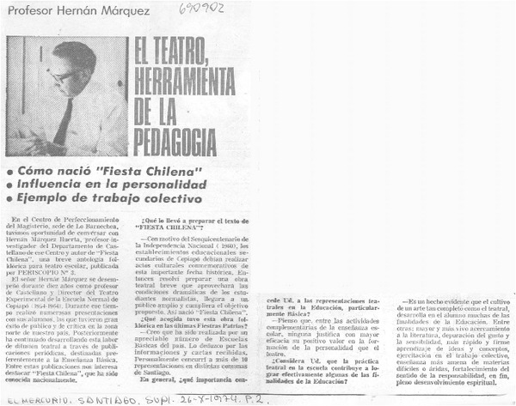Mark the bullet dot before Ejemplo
click(9, 199)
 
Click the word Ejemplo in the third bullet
click(47, 199)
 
